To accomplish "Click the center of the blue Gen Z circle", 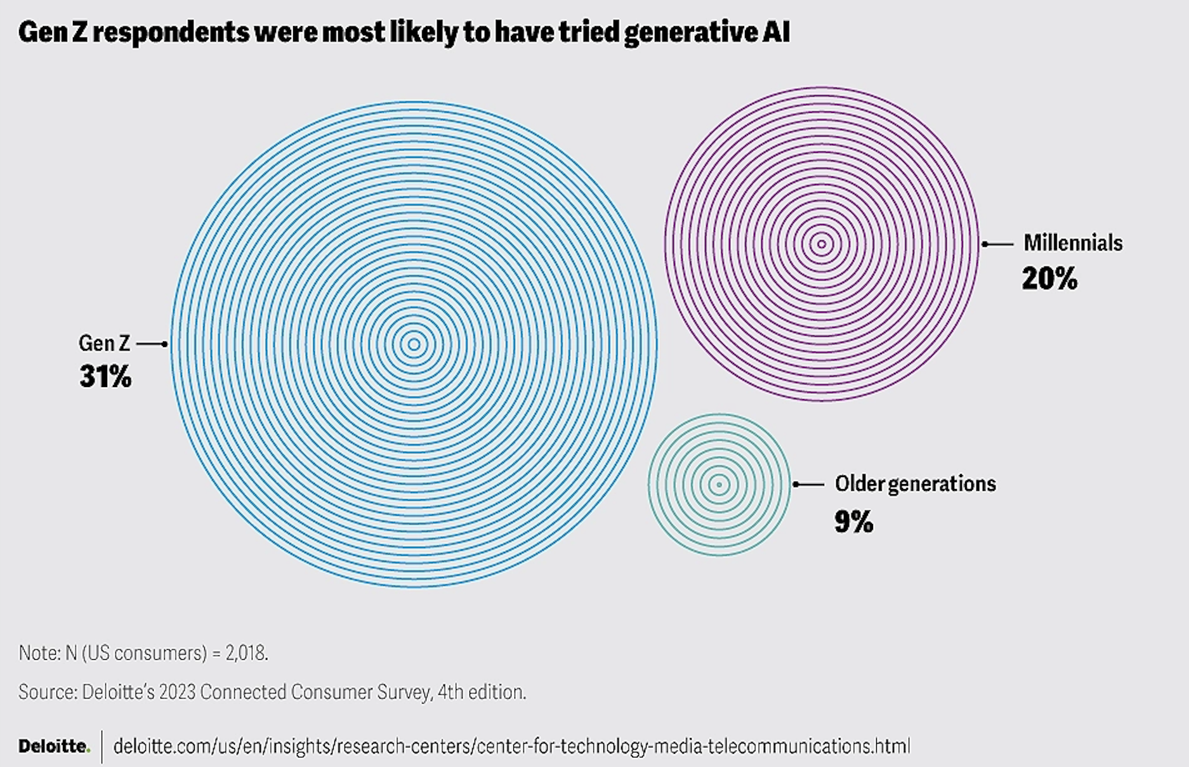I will tap(414, 344).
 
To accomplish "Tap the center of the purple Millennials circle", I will tap(822, 244).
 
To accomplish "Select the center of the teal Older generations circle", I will tap(719, 485).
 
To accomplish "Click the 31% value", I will tap(105, 376).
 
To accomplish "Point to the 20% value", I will tap(1049, 279).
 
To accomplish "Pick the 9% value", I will tap(853, 521).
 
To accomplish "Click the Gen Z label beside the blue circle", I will tap(104, 343).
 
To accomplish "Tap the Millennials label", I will tap(1073, 243).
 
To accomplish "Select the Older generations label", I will tap(915, 484).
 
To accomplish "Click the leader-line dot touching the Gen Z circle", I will tap(164, 344).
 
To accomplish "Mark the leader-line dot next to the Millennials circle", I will tap(985, 244).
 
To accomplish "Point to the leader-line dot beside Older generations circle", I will tap(796, 485).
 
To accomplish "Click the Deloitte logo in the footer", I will tap(53, 746).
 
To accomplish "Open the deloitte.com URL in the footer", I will tap(511, 746).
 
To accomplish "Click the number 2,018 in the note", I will tap(246, 653).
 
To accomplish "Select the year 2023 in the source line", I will tap(177, 692).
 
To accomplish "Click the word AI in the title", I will tap(776, 32).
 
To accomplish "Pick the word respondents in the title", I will tap(171, 32).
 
